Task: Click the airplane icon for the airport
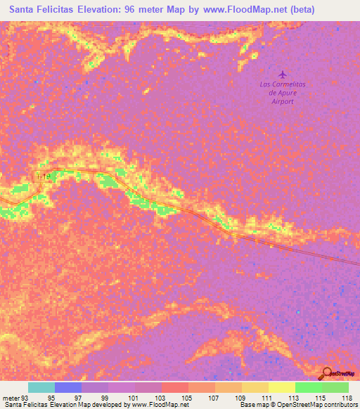283,74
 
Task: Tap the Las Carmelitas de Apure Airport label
282,93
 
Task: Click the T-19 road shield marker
43,176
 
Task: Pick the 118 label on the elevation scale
346,398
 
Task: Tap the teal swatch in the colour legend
41,387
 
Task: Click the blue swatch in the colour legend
68,387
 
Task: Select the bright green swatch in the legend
309,387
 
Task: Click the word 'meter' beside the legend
9,398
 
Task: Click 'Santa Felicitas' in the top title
41,10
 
